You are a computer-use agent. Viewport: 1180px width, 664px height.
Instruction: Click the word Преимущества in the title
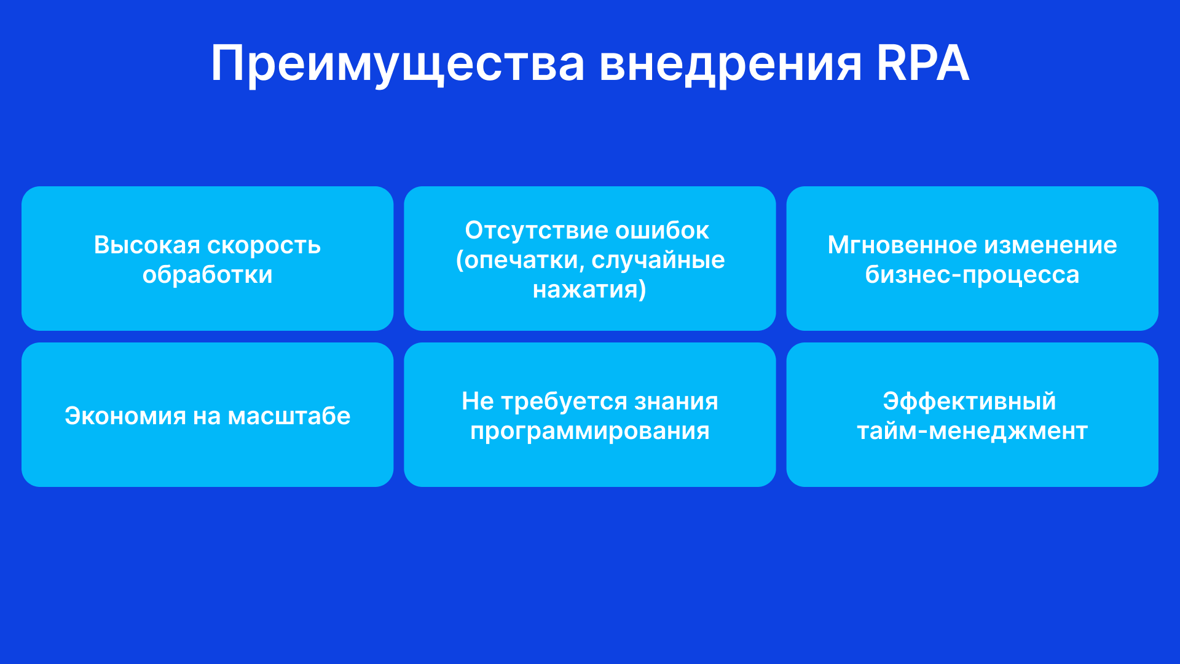(x=398, y=64)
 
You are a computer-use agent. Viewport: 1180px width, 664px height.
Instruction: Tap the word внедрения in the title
(x=731, y=64)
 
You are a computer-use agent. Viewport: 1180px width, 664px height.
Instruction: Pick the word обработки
(x=208, y=274)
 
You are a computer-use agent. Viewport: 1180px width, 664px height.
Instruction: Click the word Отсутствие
(x=537, y=231)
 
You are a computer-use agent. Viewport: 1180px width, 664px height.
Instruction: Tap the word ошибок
(x=663, y=230)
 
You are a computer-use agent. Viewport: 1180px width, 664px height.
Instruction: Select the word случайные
(x=658, y=260)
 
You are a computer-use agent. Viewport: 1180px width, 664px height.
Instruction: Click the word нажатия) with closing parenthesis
(x=589, y=290)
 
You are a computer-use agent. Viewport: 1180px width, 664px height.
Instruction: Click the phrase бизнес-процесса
(x=972, y=275)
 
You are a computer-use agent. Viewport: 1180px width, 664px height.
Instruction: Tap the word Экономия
(x=125, y=416)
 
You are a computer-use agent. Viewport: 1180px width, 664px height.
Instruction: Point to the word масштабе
(x=289, y=416)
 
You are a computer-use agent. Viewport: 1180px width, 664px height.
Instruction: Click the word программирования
(x=590, y=432)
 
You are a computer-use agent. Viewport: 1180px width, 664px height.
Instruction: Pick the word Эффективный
(x=969, y=401)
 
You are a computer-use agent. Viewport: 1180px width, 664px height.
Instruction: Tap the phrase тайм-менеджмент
(x=972, y=431)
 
